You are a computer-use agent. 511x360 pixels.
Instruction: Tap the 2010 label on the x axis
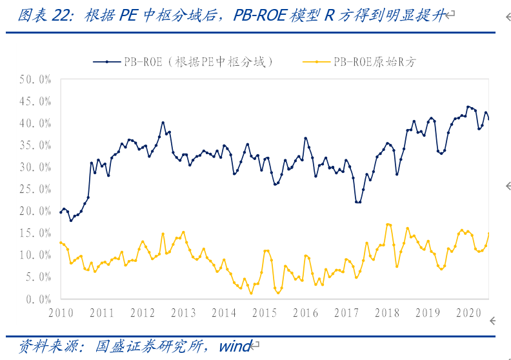[61, 313]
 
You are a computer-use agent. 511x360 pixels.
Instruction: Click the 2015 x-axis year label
[265, 313]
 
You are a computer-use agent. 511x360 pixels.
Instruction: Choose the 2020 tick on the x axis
[468, 313]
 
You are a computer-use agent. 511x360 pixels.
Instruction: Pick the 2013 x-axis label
[183, 313]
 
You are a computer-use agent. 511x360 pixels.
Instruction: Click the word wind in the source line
[234, 346]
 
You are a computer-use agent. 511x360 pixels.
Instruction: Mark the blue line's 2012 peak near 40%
[163, 122]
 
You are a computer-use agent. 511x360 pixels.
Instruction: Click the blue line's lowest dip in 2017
[357, 202]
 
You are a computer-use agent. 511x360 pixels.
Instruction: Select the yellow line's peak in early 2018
[388, 225]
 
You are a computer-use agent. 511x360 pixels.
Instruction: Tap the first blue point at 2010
[61, 212]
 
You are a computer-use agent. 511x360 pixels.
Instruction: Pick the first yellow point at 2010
[61, 243]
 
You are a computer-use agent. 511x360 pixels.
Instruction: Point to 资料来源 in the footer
[40, 346]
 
